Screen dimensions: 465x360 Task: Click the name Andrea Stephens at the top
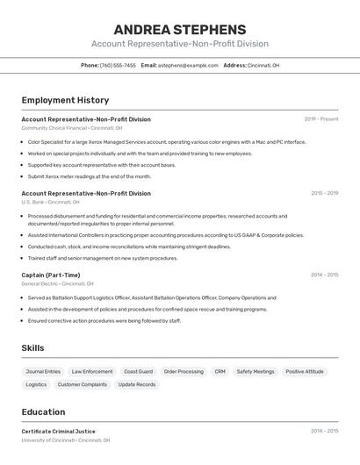pos(179,29)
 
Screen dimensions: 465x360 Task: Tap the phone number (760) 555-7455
pos(118,65)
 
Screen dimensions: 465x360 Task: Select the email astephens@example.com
pos(188,65)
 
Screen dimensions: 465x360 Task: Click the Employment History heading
pos(65,100)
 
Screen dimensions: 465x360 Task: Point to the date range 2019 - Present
pos(320,119)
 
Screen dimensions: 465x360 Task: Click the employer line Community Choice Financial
pos(66,128)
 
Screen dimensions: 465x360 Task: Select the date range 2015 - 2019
pos(324,193)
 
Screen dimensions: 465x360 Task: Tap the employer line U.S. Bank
pos(50,202)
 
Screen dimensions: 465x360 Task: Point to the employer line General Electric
pos(57,284)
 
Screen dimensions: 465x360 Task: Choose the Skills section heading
pos(32,348)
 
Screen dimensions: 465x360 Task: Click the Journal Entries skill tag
pos(43,372)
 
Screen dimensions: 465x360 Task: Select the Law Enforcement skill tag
pos(92,372)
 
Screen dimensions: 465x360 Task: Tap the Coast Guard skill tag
pos(138,372)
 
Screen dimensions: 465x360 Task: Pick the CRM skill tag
pos(220,372)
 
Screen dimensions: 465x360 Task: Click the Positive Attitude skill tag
pos(305,372)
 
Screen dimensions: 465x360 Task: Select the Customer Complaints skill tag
pos(83,384)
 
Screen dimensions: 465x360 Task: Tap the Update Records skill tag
pos(137,384)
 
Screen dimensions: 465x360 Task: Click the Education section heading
pos(43,412)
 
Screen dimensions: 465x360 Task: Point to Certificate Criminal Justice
pos(58,432)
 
